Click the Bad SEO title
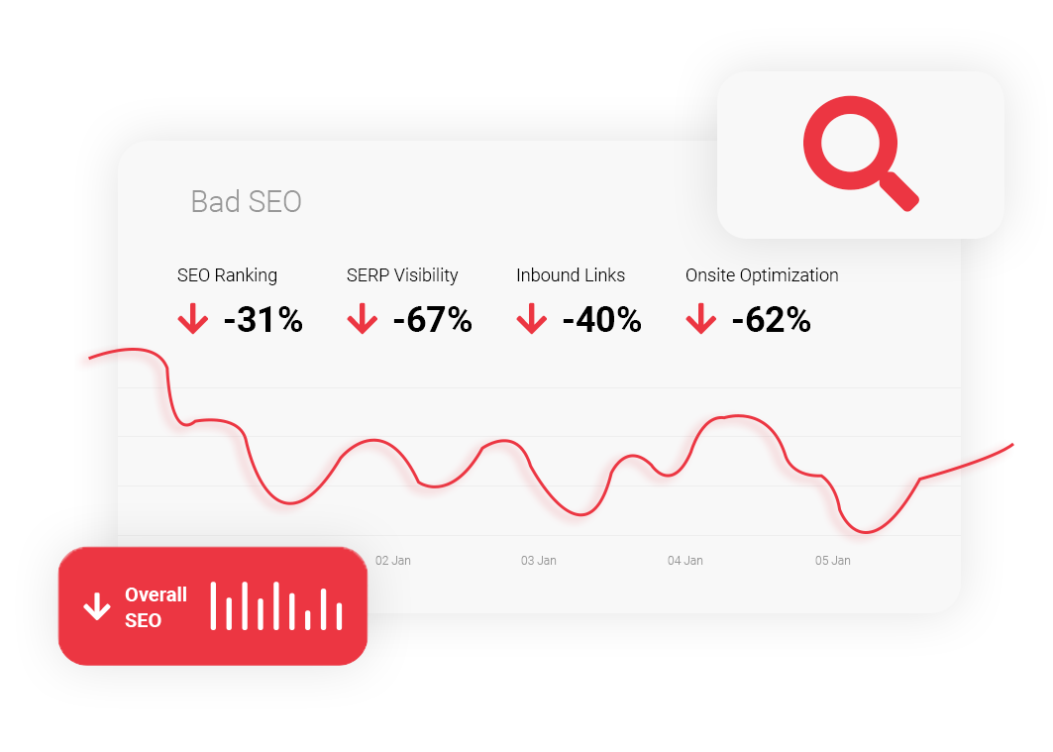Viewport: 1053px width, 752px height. click(246, 201)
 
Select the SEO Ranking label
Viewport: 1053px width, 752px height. click(227, 275)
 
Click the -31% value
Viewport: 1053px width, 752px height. click(263, 320)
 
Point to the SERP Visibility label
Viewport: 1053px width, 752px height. click(402, 275)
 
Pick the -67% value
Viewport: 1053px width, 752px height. click(433, 320)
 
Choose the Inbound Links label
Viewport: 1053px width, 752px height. click(571, 275)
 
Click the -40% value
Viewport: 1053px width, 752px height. click(601, 320)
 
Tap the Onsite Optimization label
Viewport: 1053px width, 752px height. click(762, 275)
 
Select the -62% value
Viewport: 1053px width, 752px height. click(771, 320)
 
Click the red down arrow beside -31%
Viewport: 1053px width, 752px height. click(193, 318)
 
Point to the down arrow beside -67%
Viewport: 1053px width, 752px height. click(362, 318)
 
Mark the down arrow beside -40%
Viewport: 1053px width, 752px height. click(531, 318)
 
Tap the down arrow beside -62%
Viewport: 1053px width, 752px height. click(700, 318)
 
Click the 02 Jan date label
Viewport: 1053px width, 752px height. click(393, 561)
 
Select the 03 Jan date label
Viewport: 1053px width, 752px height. click(539, 561)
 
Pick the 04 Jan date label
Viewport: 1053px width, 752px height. click(684, 561)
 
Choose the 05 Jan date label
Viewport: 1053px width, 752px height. click(833, 561)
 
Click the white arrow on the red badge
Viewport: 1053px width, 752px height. click(97, 606)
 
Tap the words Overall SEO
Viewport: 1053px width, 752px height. click(156, 607)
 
